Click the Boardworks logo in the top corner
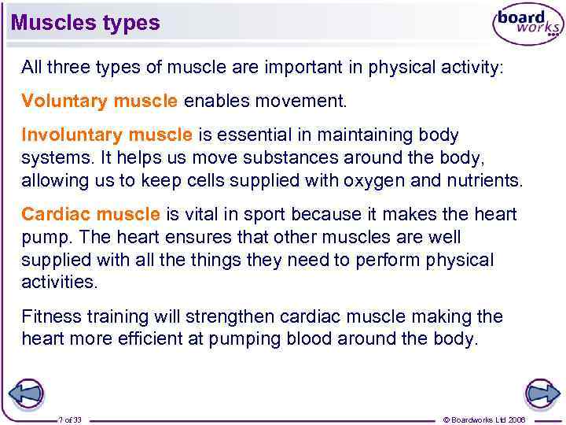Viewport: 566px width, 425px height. [x=527, y=25]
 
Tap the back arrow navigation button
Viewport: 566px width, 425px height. [x=25, y=394]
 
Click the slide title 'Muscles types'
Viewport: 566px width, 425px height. [x=85, y=23]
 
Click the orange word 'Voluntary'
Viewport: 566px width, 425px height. [x=65, y=102]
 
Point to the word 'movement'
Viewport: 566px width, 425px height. [x=307, y=102]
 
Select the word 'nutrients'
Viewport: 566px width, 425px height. [x=484, y=180]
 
